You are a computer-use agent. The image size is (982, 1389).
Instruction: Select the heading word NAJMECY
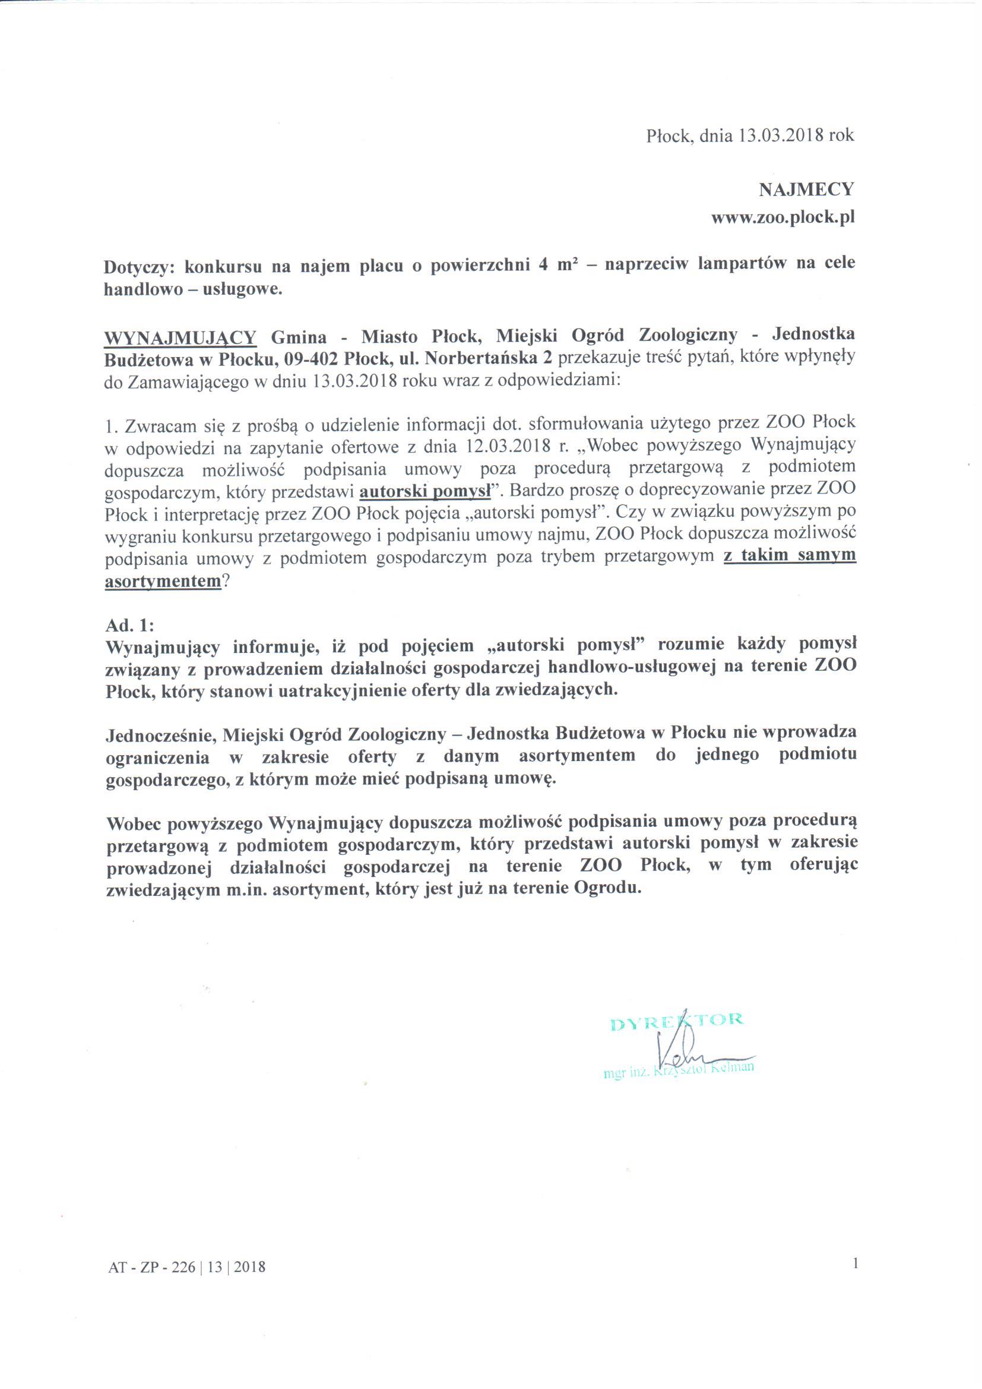806,190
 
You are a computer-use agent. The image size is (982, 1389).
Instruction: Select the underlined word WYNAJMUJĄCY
182,336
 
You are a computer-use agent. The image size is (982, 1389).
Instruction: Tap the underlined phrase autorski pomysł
425,492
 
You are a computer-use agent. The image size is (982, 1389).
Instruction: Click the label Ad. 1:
130,624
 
